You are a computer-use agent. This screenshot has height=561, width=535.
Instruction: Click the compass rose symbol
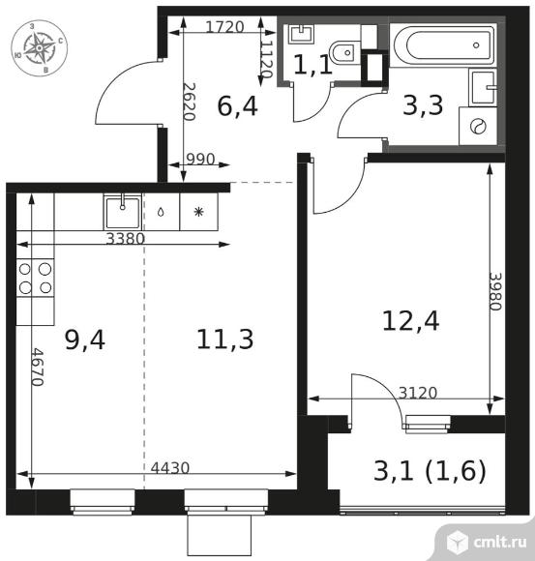click(39, 47)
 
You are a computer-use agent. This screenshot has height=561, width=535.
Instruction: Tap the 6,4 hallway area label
click(237, 106)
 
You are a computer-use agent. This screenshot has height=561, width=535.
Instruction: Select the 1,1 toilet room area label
click(313, 65)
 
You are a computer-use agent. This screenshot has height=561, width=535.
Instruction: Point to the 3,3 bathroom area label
click(423, 105)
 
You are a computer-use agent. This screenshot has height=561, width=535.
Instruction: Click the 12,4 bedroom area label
click(410, 320)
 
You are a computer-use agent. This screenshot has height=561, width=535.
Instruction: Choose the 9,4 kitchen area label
click(85, 340)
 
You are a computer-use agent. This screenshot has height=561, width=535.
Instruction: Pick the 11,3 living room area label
click(224, 340)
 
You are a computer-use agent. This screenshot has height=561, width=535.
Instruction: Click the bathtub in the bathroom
click(443, 45)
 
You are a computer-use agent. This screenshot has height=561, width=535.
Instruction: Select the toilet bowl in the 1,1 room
click(346, 51)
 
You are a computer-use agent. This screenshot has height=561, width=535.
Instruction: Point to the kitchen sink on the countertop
click(123, 212)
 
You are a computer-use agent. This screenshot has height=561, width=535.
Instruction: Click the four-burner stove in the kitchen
click(35, 278)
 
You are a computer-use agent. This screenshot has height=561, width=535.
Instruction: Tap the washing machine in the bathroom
click(478, 126)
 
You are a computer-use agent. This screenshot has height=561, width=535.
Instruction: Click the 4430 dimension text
click(169, 467)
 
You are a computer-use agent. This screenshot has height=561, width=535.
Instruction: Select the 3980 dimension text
click(496, 291)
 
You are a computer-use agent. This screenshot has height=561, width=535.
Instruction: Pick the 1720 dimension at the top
click(225, 27)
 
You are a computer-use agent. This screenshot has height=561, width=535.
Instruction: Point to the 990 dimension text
click(201, 159)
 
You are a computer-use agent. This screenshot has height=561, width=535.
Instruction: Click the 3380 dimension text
click(125, 238)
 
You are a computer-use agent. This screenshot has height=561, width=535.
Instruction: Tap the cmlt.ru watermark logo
click(487, 542)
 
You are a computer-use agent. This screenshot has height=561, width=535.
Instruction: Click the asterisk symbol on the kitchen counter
click(198, 212)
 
